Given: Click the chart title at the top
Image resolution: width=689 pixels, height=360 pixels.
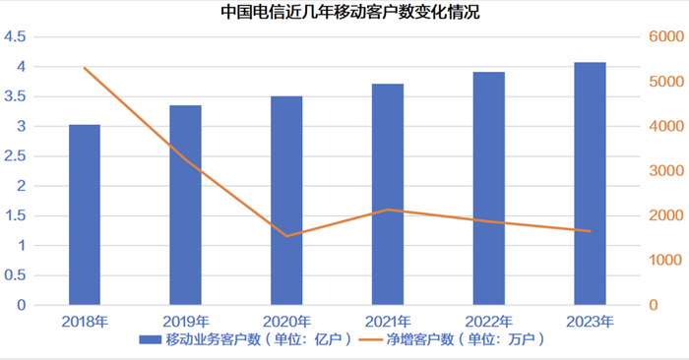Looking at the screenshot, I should point(344,13).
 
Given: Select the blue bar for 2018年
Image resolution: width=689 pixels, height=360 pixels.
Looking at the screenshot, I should point(85,214).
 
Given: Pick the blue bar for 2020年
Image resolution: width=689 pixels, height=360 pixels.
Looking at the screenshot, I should point(286,201).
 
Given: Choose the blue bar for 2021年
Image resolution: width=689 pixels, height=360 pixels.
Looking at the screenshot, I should point(388,194).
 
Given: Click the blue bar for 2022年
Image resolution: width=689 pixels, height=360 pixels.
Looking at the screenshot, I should point(489,188).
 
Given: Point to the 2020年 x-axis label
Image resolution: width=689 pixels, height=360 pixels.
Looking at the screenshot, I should point(286,322).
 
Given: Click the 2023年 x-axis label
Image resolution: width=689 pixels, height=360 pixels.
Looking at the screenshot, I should point(590,322).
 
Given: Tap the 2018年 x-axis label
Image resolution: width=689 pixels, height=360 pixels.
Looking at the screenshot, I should point(85,322).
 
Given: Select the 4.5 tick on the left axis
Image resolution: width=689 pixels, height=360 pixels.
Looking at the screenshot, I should point(15,37).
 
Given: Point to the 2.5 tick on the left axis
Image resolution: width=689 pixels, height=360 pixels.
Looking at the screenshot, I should point(15,156).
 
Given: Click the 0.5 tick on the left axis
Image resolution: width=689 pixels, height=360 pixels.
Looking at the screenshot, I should point(15,275).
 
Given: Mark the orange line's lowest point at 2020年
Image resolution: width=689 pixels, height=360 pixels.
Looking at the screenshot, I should point(286,236).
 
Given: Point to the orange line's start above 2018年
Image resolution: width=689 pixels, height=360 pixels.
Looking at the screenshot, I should point(85,68).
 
